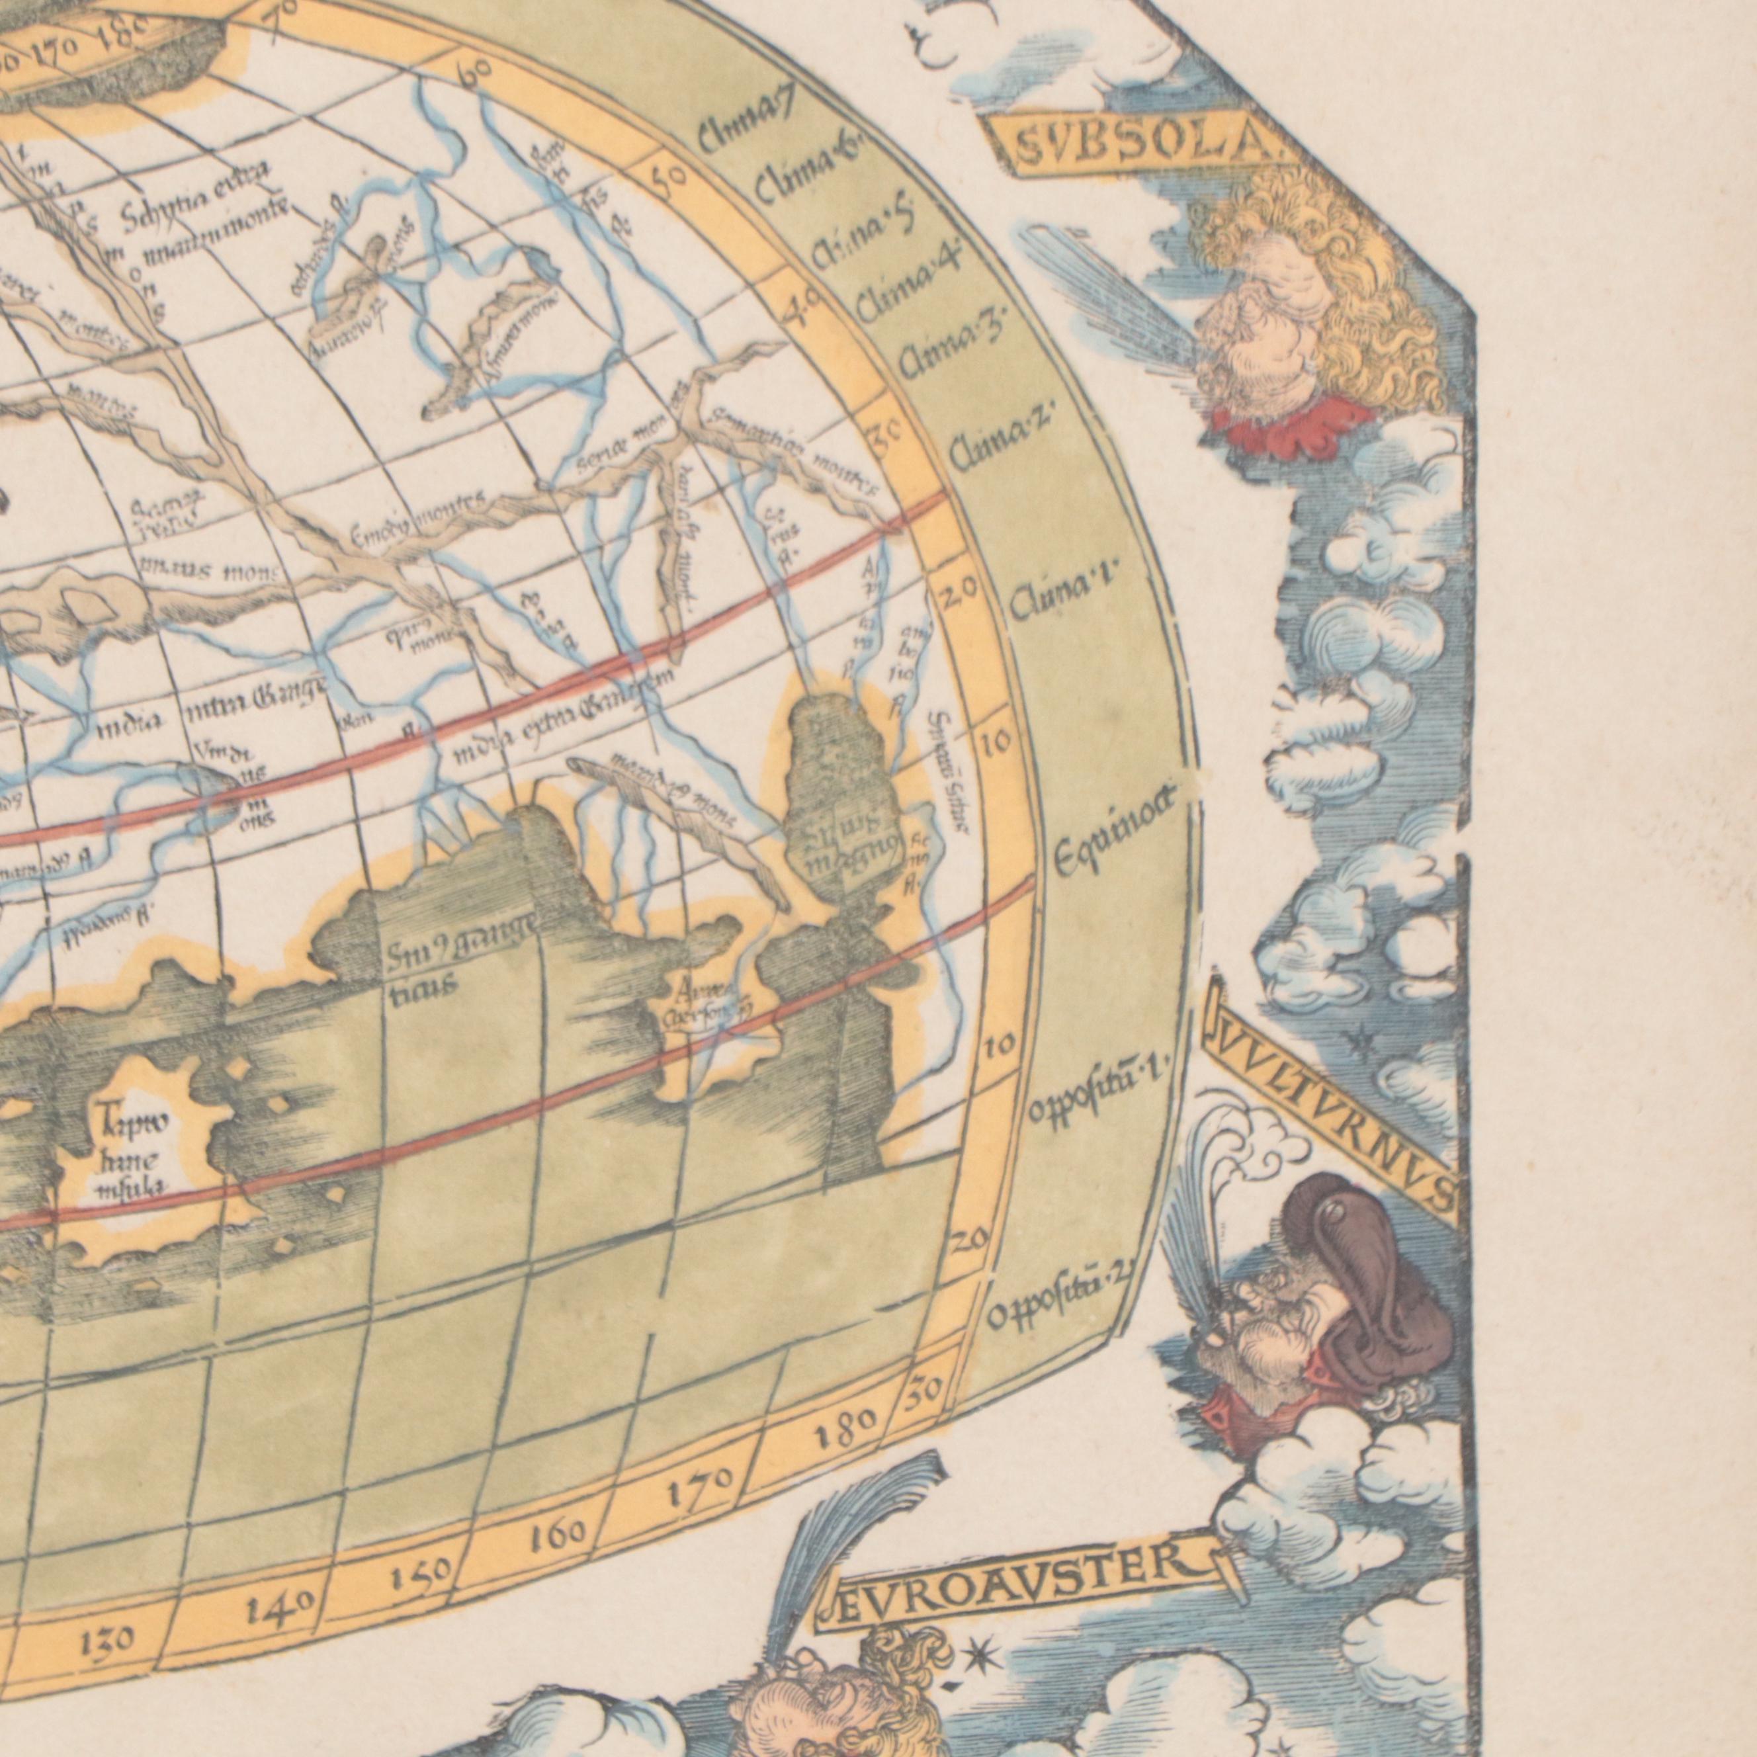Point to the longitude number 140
click(280, 1609)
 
